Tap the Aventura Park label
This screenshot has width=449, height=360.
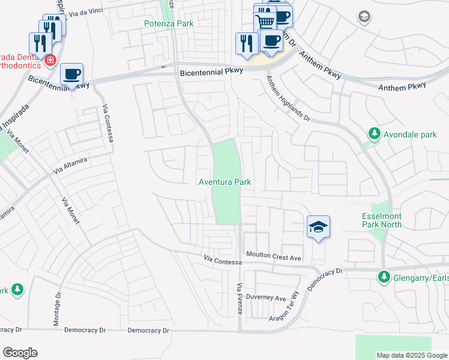click(225, 182)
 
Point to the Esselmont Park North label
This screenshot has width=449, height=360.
click(381, 220)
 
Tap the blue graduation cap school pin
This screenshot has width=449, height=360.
click(318, 227)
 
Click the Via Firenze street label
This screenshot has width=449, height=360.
click(240, 298)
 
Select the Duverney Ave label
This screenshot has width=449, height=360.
click(269, 298)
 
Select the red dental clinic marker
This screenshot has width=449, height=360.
click(50, 60)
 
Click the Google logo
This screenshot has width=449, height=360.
click(20, 353)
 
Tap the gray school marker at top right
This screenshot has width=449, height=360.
click(363, 17)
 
